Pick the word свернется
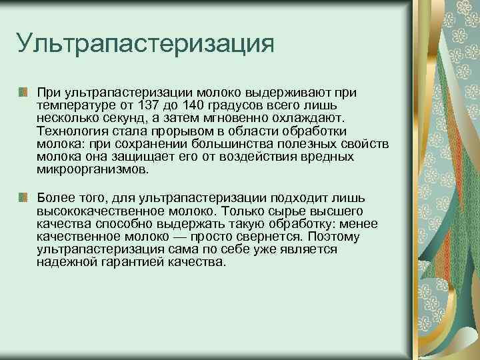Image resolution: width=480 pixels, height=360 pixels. click(258, 236)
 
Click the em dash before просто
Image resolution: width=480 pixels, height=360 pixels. click(178, 236)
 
